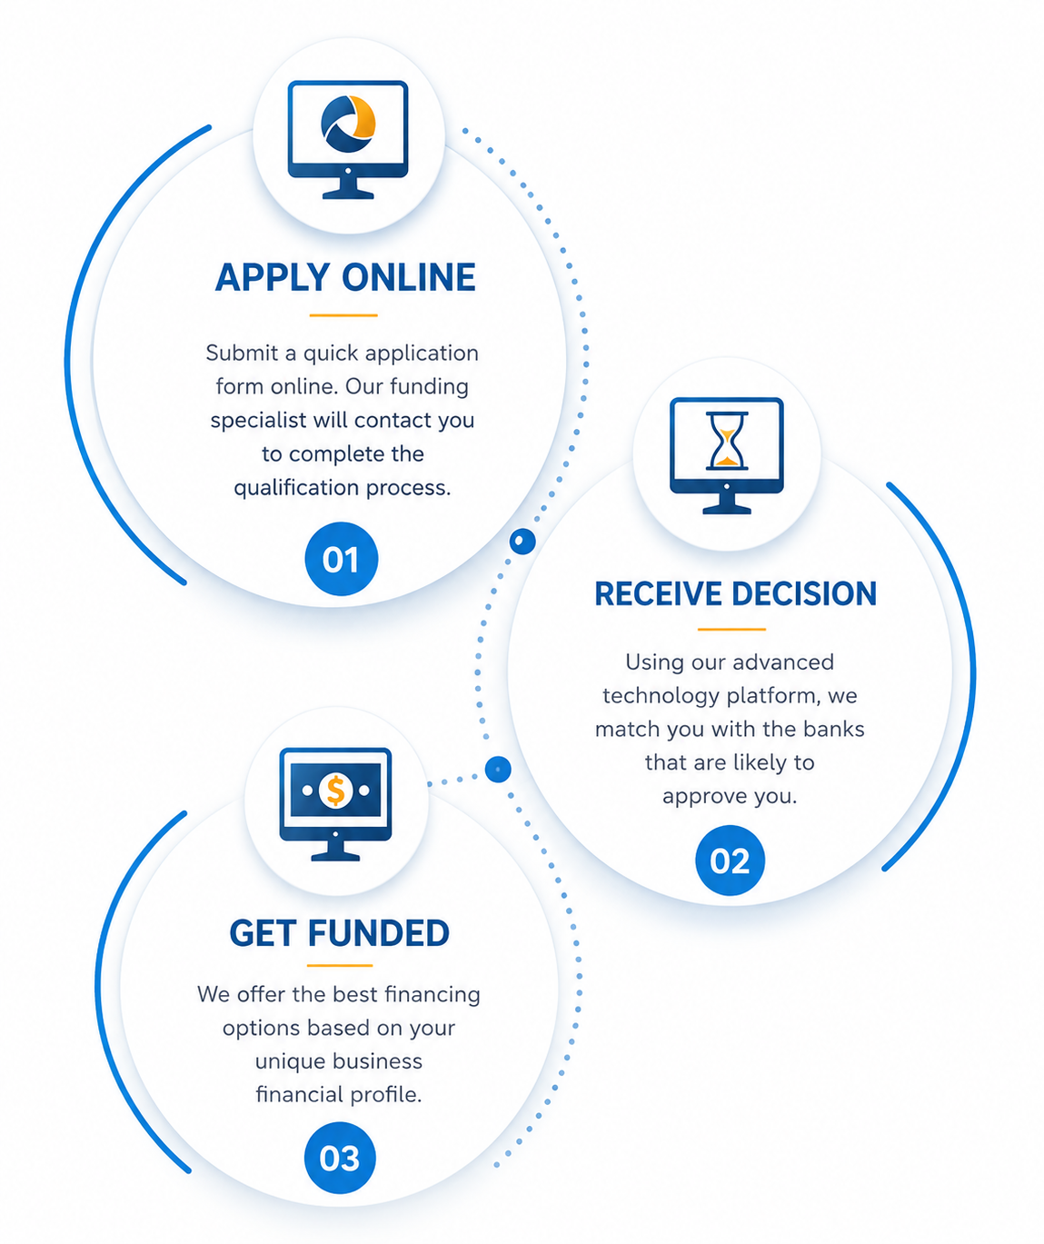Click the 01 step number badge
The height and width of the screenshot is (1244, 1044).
[x=341, y=559]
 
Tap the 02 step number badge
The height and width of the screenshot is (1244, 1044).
[x=730, y=861]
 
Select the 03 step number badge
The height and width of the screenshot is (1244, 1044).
[x=340, y=1158]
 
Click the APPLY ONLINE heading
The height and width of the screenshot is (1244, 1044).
[x=345, y=277]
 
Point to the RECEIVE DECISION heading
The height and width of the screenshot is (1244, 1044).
[x=735, y=593]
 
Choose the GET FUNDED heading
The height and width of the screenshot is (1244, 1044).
[x=339, y=933]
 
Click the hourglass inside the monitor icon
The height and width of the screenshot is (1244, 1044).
[x=726, y=441]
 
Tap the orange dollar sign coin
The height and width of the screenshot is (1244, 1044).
[x=335, y=790]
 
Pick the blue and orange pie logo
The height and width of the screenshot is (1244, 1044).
[x=348, y=124]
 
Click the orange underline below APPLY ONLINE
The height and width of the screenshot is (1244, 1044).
[x=343, y=315]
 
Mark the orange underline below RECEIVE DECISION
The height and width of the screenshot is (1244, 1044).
[x=731, y=629]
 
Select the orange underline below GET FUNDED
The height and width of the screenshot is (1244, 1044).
[x=340, y=966]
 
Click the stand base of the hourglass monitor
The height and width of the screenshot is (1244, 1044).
[x=726, y=510]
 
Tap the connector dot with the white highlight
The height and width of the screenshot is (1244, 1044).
[x=522, y=542]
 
